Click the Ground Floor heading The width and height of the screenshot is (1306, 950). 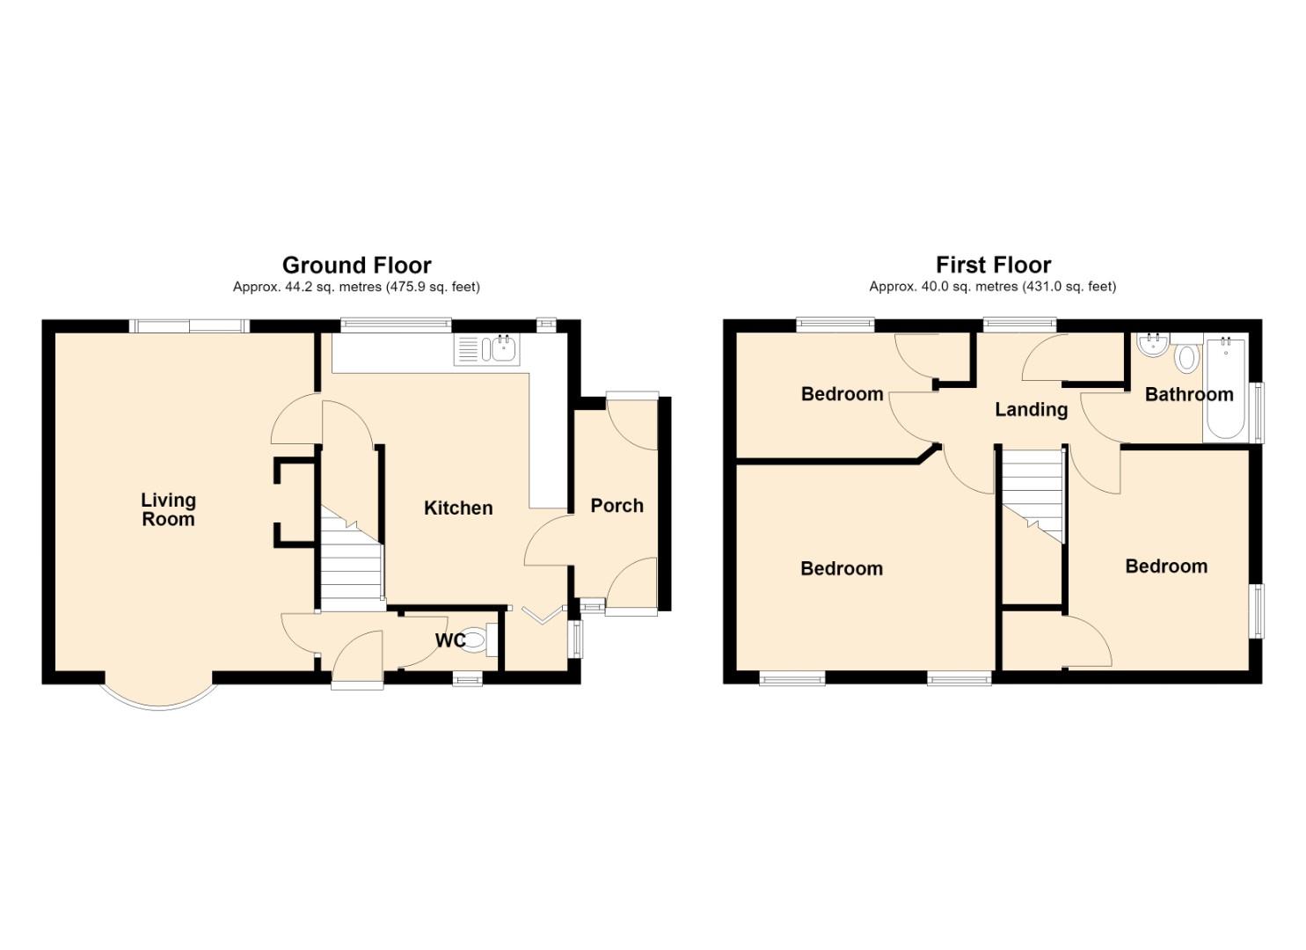coord(357,266)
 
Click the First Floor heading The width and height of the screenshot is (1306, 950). coord(994,266)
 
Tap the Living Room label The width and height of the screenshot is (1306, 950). coord(169,509)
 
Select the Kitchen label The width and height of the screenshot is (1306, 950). coord(458,508)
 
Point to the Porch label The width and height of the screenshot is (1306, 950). coord(617,506)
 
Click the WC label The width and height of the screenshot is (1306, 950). coord(450,640)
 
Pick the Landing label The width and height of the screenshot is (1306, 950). coord(1031,409)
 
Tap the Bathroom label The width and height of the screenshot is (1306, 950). coord(1189,394)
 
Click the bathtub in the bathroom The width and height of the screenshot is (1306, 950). coord(1226,389)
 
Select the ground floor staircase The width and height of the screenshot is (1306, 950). coord(352,559)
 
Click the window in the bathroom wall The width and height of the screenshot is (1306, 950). coord(1259,412)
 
